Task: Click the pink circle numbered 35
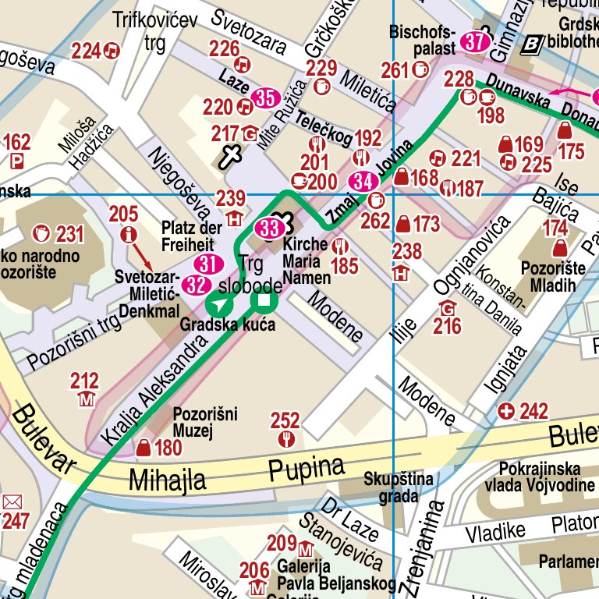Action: (267, 98)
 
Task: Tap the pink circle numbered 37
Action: (474, 42)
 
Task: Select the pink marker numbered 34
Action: (362, 182)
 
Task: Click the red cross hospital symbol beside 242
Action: (507, 411)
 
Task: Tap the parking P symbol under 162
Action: (17, 162)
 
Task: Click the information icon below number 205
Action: (129, 233)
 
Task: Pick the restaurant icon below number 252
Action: (286, 440)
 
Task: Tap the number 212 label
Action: (84, 381)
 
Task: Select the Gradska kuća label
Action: (228, 324)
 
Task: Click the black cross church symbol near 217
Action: (230, 156)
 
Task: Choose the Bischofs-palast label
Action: (422, 41)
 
